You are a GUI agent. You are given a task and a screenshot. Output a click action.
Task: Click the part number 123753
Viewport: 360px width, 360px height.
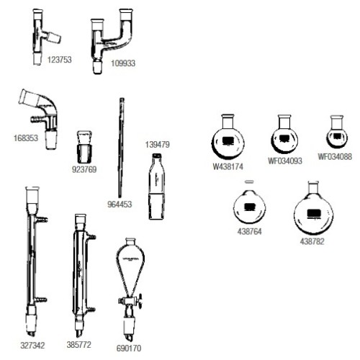[x=60, y=60]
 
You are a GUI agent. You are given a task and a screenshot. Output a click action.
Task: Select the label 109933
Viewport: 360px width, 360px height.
[x=123, y=63]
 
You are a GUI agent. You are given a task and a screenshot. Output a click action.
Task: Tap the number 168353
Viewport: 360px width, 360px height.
[x=26, y=138]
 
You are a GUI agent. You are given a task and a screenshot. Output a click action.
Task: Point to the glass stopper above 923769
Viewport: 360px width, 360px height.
[x=84, y=147]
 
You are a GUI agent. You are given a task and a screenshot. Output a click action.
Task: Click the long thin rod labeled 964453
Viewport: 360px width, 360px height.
[x=121, y=148]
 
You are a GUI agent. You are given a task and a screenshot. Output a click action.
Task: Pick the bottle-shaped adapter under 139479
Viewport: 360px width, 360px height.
[x=157, y=186]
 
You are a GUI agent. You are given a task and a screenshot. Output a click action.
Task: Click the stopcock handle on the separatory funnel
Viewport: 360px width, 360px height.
[x=140, y=300]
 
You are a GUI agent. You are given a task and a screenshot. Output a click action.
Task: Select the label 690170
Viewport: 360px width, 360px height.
[x=129, y=348]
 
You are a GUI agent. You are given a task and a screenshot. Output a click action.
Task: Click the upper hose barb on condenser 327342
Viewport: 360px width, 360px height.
[x=42, y=220]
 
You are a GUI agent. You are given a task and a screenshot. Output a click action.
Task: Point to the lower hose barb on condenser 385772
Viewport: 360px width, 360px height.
[x=91, y=310]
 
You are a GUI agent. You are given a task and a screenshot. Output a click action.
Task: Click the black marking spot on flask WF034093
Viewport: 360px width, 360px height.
[x=284, y=138]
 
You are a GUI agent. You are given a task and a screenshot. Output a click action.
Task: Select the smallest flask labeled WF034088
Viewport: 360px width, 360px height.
[x=337, y=133]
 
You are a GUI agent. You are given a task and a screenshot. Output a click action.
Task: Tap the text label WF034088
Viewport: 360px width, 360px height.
[x=335, y=157]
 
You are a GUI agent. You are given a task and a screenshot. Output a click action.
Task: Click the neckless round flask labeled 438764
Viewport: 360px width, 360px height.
[x=250, y=207]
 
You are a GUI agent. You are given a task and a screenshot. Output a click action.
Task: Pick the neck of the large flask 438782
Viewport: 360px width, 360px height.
[x=313, y=189]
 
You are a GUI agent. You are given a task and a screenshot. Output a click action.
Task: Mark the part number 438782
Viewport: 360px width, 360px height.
[x=312, y=241]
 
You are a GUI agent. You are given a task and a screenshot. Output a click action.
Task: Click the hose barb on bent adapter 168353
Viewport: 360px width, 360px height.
[x=37, y=119]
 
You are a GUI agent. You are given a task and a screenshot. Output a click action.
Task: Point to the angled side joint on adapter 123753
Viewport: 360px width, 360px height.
[x=53, y=38]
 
